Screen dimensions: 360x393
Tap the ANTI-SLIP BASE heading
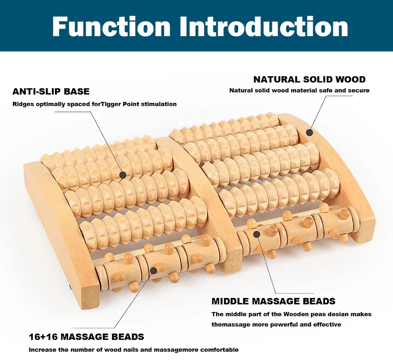click(x=51, y=92)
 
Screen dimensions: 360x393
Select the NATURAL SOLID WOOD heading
click(x=309, y=79)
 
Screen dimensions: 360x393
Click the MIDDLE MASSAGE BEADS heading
click(x=274, y=302)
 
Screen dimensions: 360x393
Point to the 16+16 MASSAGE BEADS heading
click(x=86, y=337)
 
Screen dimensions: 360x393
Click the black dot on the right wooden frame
click(x=309, y=132)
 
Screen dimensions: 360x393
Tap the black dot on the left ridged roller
click(x=123, y=175)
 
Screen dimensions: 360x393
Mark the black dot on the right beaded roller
click(x=257, y=234)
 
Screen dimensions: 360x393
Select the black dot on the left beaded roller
click(x=153, y=270)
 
